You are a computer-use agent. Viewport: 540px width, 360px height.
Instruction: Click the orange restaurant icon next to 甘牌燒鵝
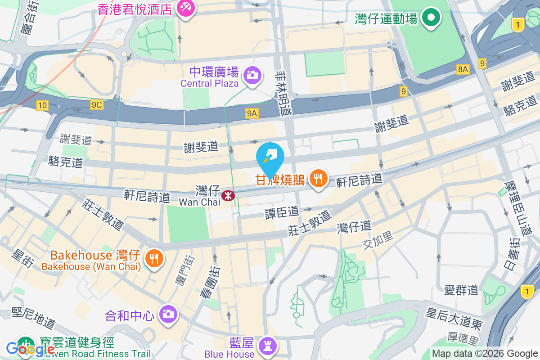click(x=319, y=179)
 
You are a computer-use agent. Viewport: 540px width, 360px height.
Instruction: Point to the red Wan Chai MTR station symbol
click(x=229, y=196)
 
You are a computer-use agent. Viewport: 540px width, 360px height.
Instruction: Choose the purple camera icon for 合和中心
click(x=168, y=313)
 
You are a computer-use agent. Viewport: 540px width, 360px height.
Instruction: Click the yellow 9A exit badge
click(x=252, y=114)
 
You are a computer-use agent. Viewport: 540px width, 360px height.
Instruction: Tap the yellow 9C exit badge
click(x=97, y=105)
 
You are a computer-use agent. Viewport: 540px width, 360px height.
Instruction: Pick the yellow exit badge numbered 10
click(x=42, y=105)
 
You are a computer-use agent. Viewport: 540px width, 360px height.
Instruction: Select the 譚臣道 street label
click(x=282, y=211)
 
